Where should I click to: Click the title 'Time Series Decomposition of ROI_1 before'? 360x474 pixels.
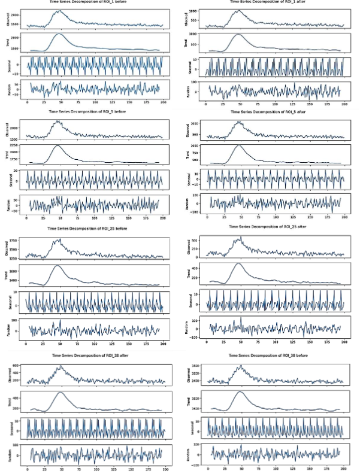click(x=95, y=2)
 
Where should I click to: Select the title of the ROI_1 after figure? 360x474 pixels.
click(x=274, y=2)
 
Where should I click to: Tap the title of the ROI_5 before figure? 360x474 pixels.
click(x=95, y=111)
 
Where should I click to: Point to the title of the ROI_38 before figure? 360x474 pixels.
click(x=274, y=355)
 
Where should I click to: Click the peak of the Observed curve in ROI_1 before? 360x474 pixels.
click(x=59, y=11)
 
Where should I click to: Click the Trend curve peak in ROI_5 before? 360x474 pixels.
click(x=58, y=145)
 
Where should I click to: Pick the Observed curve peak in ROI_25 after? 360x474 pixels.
click(x=239, y=238)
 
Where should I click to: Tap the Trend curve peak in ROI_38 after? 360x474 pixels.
click(x=60, y=392)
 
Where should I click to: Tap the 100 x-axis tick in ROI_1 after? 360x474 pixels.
click(x=274, y=102)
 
